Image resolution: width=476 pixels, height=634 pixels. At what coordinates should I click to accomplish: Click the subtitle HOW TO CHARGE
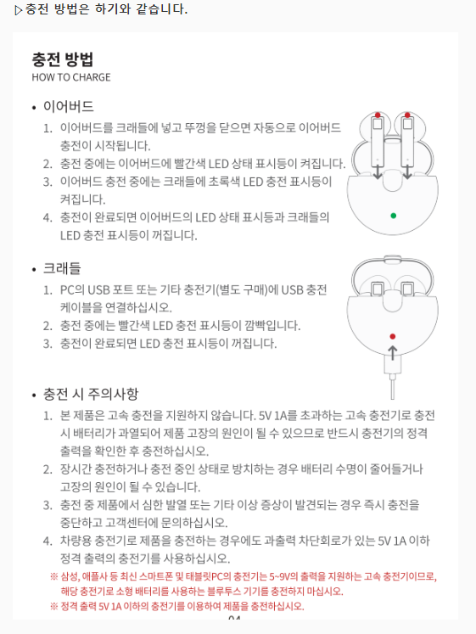pyautogui.click(x=71, y=77)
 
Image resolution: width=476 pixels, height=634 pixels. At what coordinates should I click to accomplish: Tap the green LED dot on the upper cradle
pyautogui.click(x=393, y=216)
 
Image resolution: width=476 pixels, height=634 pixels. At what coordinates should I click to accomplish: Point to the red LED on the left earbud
pyautogui.click(x=376, y=115)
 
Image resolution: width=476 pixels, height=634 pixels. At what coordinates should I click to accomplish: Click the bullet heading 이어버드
pyautogui.click(x=68, y=107)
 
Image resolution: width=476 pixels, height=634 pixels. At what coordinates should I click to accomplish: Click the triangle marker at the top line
pyautogui.click(x=19, y=10)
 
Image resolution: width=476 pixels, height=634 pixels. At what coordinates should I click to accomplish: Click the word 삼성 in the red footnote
pyautogui.click(x=70, y=576)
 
